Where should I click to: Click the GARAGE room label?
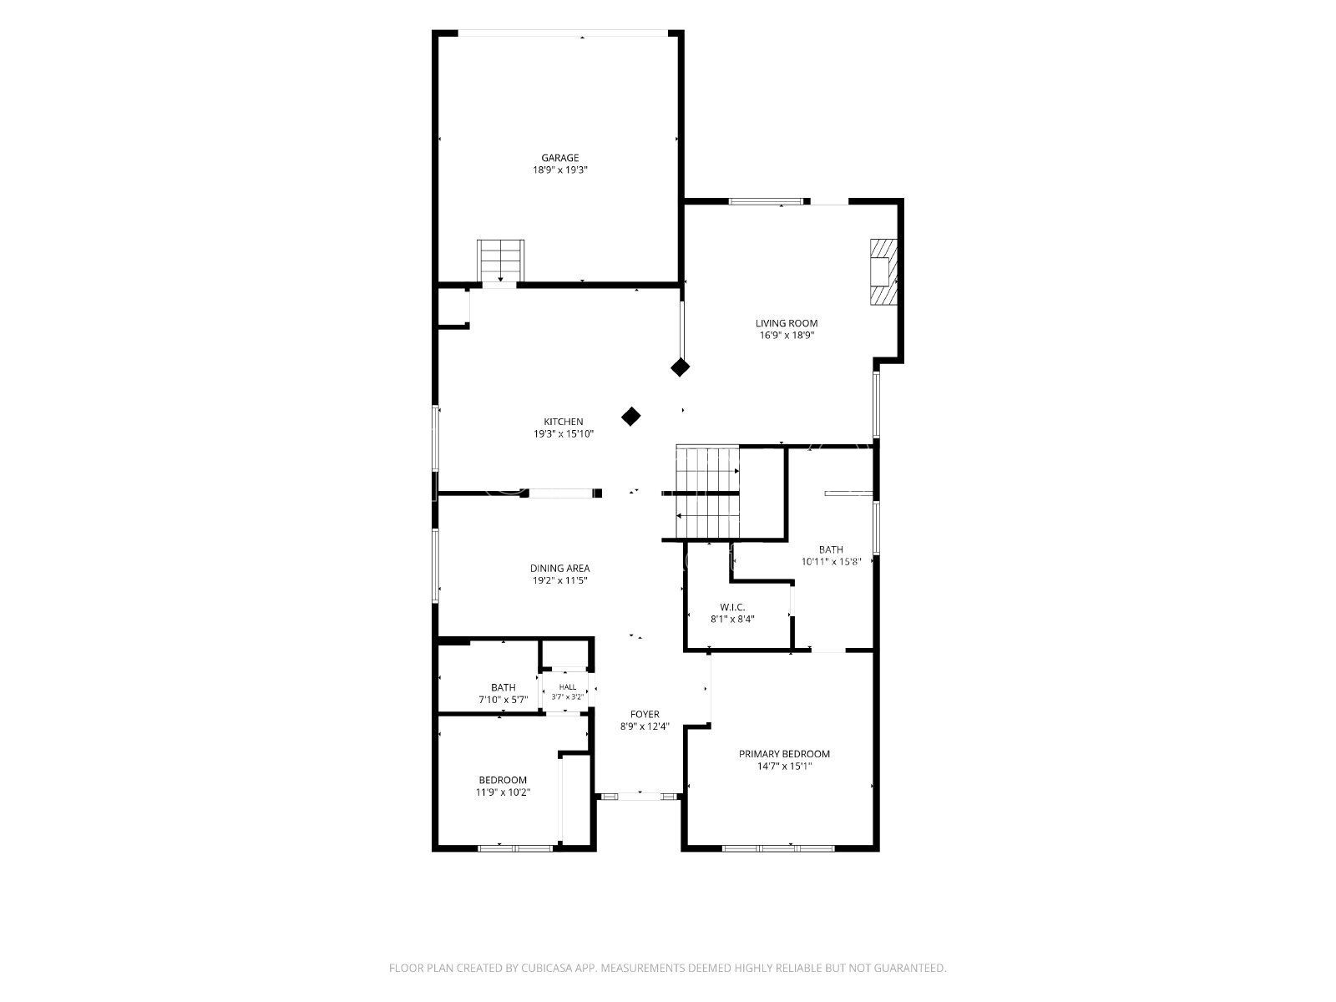click(x=559, y=158)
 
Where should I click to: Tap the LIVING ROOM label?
click(x=786, y=324)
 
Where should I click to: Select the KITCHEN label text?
click(x=563, y=422)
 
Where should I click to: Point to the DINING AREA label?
click(x=559, y=569)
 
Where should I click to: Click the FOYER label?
click(x=645, y=714)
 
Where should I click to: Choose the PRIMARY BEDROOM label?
click(x=784, y=754)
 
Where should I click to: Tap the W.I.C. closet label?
click(x=732, y=607)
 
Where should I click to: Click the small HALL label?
click(x=567, y=687)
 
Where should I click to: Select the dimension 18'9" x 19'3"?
click(x=560, y=170)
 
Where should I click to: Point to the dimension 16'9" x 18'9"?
click(x=787, y=335)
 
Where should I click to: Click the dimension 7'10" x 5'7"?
click(x=503, y=700)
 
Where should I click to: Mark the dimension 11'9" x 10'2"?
click(x=503, y=792)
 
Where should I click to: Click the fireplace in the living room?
click(x=883, y=271)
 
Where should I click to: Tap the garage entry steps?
click(x=500, y=261)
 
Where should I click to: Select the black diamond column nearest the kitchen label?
click(x=630, y=417)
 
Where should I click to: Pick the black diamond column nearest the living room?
click(x=679, y=367)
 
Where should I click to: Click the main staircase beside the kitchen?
click(x=707, y=493)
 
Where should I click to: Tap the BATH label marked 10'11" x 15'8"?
click(x=831, y=549)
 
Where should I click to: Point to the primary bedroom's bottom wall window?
click(x=778, y=848)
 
